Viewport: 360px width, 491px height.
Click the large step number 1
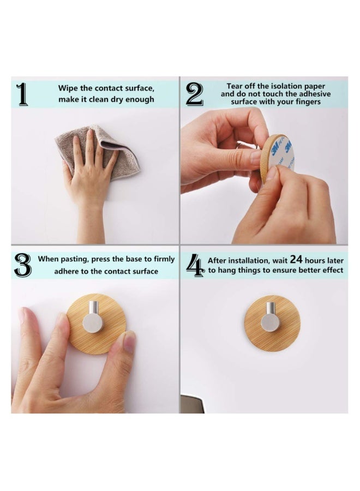[x=22, y=94]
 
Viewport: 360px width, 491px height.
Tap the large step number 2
[x=194, y=94]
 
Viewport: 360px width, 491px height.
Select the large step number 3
[x=22, y=265]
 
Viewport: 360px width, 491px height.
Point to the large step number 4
[x=195, y=265]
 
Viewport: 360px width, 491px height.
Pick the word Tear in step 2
[x=235, y=86]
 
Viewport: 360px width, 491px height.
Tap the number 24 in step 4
[x=296, y=259]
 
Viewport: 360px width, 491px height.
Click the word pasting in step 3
[x=73, y=260]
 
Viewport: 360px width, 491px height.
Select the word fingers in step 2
[x=308, y=102]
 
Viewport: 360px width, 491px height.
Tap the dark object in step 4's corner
[x=192, y=404]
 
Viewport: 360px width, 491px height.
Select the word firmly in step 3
[x=164, y=260]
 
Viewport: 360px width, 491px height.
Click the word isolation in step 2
[x=285, y=86]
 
